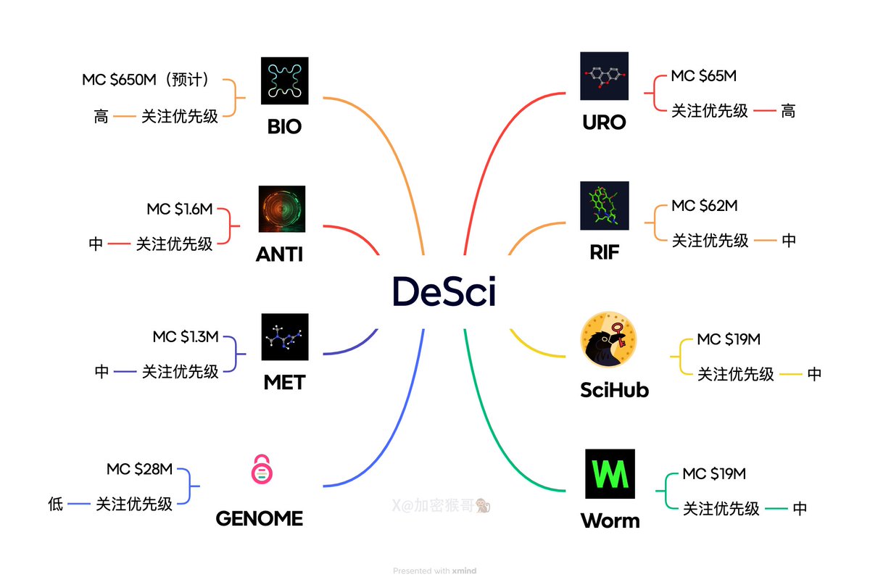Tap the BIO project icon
click(284, 80)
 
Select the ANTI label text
click(279, 254)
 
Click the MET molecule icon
click(285, 337)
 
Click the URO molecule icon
click(604, 76)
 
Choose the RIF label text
click(604, 252)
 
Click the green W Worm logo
click(610, 473)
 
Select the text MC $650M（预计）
click(147, 80)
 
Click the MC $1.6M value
click(180, 209)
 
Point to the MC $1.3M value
click(186, 338)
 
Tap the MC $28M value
click(139, 470)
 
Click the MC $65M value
click(704, 76)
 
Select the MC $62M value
click(704, 206)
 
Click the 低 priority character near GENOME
click(56, 505)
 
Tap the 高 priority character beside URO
click(788, 111)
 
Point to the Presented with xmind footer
click(434, 571)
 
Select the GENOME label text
click(259, 519)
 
